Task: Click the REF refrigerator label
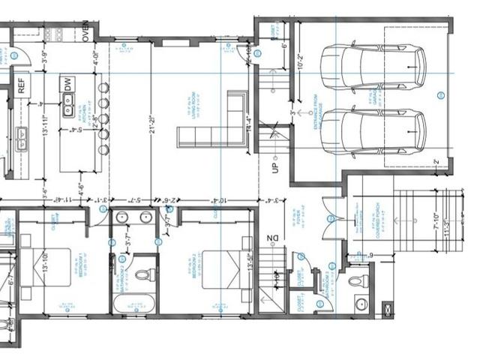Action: pyautogui.click(x=22, y=85)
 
